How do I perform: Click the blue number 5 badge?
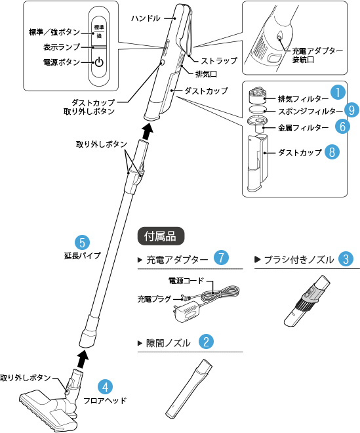click(82, 243)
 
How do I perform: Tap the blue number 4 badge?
click(105, 387)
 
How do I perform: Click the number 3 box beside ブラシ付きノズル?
click(346, 259)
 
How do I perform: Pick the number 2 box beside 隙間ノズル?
click(206, 342)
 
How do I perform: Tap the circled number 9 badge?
click(352, 110)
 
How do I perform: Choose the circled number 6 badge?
click(342, 125)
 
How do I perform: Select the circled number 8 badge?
click(333, 152)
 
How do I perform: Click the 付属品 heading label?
click(161, 236)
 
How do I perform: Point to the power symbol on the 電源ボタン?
click(98, 63)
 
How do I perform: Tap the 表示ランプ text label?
click(62, 47)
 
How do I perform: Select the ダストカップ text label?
click(300, 152)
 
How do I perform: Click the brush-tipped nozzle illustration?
click(310, 293)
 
